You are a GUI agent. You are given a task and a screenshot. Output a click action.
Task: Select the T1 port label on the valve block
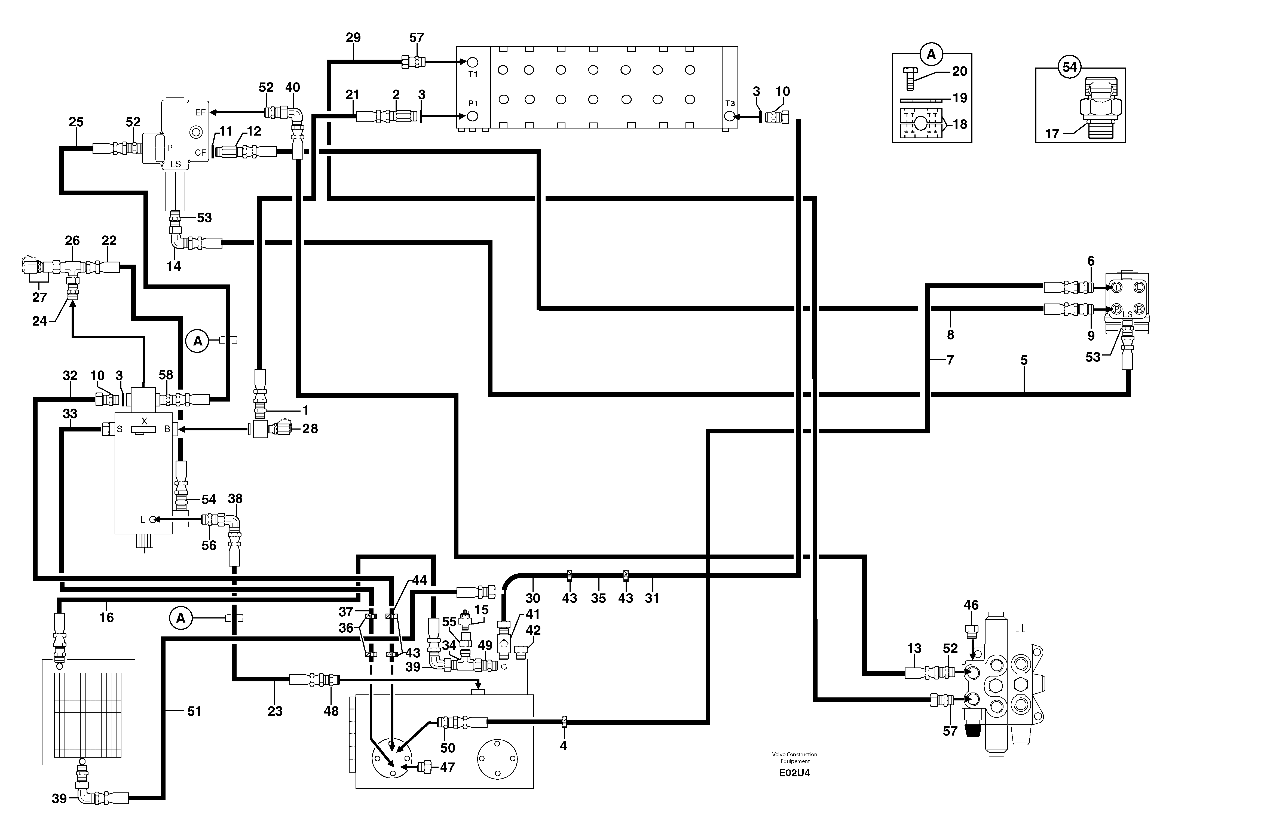click(x=473, y=74)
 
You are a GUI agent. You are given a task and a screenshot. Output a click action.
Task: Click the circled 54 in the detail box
click(x=1069, y=67)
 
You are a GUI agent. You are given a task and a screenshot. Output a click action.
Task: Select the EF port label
click(x=200, y=113)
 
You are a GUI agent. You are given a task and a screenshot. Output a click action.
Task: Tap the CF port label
click(x=200, y=153)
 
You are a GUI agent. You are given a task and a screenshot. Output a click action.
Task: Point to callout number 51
click(x=194, y=711)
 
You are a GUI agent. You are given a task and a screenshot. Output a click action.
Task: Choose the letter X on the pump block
click(x=144, y=421)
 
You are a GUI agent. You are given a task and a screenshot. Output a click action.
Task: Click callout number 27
click(x=39, y=297)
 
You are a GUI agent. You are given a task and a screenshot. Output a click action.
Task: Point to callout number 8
click(x=950, y=335)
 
